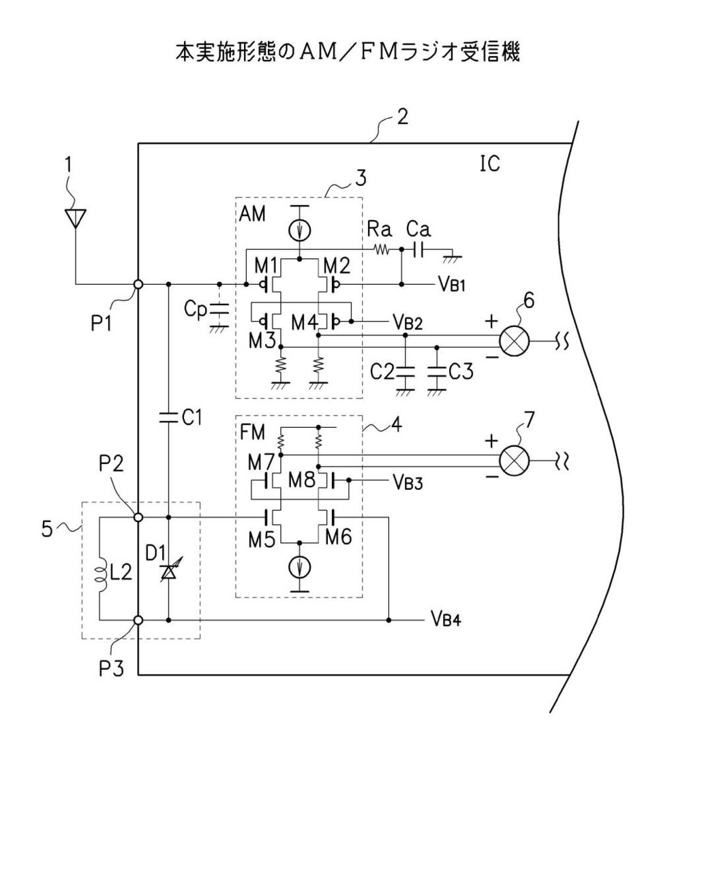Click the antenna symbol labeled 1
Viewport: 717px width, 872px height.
tap(76, 218)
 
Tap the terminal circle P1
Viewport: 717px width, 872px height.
tap(138, 285)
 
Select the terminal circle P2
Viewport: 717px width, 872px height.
tap(138, 517)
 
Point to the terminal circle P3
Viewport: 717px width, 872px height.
tap(138, 620)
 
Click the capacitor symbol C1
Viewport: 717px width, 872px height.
tap(168, 418)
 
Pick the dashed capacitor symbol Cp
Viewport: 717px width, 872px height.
tap(219, 309)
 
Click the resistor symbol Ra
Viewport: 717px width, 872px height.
tap(380, 249)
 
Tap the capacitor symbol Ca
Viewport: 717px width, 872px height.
tap(418, 250)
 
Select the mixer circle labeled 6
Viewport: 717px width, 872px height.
tap(515, 341)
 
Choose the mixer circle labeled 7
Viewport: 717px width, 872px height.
tap(515, 461)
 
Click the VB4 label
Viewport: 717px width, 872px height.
tap(446, 620)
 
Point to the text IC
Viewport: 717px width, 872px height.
tap(489, 163)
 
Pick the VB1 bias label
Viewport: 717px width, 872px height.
tap(451, 284)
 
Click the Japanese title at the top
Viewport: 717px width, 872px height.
tap(348, 52)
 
